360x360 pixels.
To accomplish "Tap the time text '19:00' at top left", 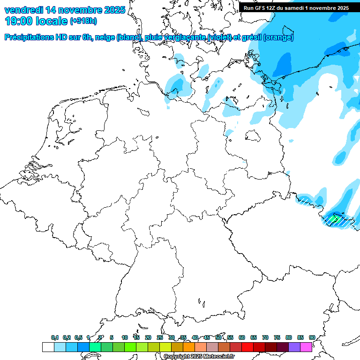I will [18, 21].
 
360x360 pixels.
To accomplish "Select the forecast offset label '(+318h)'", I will [83, 21].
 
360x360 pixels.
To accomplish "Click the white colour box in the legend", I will [48, 347].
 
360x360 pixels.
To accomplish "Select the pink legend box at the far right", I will [306, 347].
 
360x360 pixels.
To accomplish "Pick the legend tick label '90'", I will [312, 337].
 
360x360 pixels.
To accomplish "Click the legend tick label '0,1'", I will [55, 337].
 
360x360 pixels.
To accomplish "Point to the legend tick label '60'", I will [242, 337].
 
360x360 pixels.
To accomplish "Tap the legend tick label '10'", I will [124, 337].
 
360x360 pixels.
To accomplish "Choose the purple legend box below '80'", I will [294, 347].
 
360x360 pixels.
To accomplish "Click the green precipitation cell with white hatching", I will [334, 218].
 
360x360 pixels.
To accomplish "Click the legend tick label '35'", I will [183, 337].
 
